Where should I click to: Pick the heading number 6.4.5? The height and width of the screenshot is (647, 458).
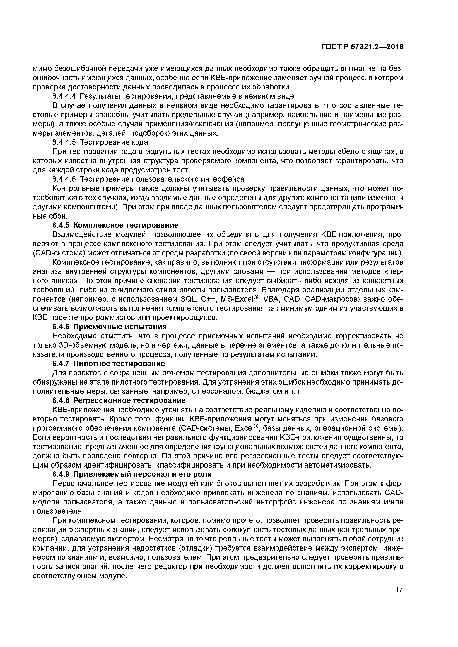pos(61,225)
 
